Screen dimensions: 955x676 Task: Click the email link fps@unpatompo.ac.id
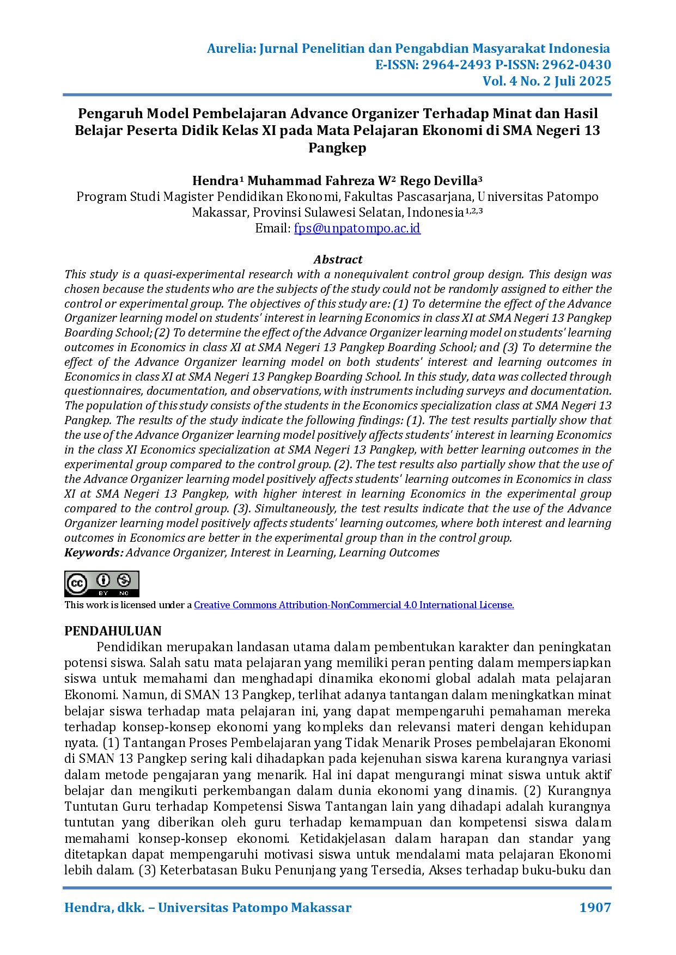tap(357, 228)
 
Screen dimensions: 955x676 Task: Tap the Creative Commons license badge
tap(102, 584)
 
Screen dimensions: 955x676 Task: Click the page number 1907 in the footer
tap(595, 908)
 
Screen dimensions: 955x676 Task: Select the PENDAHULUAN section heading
tap(113, 631)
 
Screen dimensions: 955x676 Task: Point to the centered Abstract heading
tap(338, 260)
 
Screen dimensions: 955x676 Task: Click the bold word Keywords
tap(93, 553)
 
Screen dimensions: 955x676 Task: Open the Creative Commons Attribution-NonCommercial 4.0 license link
tap(354, 605)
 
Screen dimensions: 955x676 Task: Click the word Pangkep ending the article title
tap(337, 148)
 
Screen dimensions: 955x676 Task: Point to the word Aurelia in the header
tap(230, 48)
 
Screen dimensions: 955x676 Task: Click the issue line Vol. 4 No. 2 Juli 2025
tap(546, 81)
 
